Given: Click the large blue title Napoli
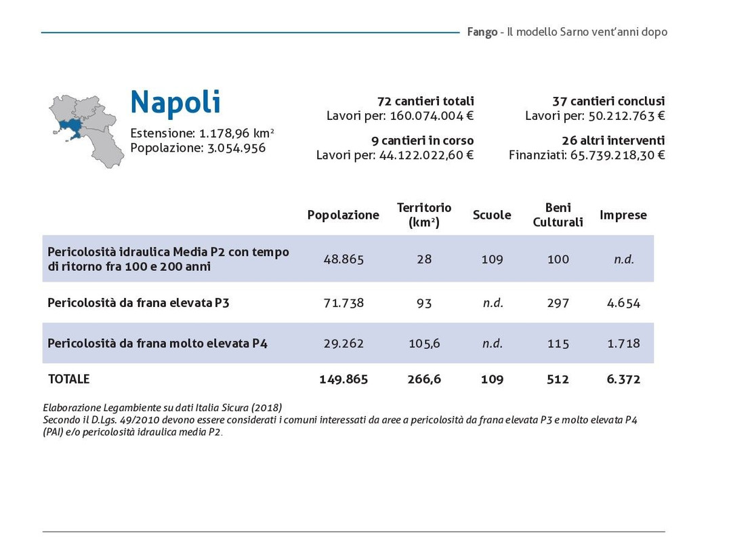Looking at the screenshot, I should point(175,102).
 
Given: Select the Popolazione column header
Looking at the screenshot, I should point(343,215).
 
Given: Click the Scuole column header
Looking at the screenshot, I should point(492,215).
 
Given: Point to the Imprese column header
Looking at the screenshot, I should point(623,215).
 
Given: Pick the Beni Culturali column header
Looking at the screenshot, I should point(558,215).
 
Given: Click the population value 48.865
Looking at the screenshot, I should point(343,259).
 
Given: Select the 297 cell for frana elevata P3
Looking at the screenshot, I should point(558,303).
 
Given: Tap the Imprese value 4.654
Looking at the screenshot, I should point(623,303).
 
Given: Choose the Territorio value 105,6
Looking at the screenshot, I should point(424,343).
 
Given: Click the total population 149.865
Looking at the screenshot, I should point(343,379).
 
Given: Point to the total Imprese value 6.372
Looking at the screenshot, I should point(623,379).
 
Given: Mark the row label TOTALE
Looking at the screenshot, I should point(68,379).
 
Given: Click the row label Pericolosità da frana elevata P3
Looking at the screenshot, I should point(138,303).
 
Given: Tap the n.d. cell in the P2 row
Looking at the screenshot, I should point(623,259).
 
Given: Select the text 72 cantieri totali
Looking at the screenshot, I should point(425,101).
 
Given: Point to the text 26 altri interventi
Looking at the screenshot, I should point(612,141).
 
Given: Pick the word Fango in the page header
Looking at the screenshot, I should point(482,32).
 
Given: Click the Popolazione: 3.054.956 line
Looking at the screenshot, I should point(198,148).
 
